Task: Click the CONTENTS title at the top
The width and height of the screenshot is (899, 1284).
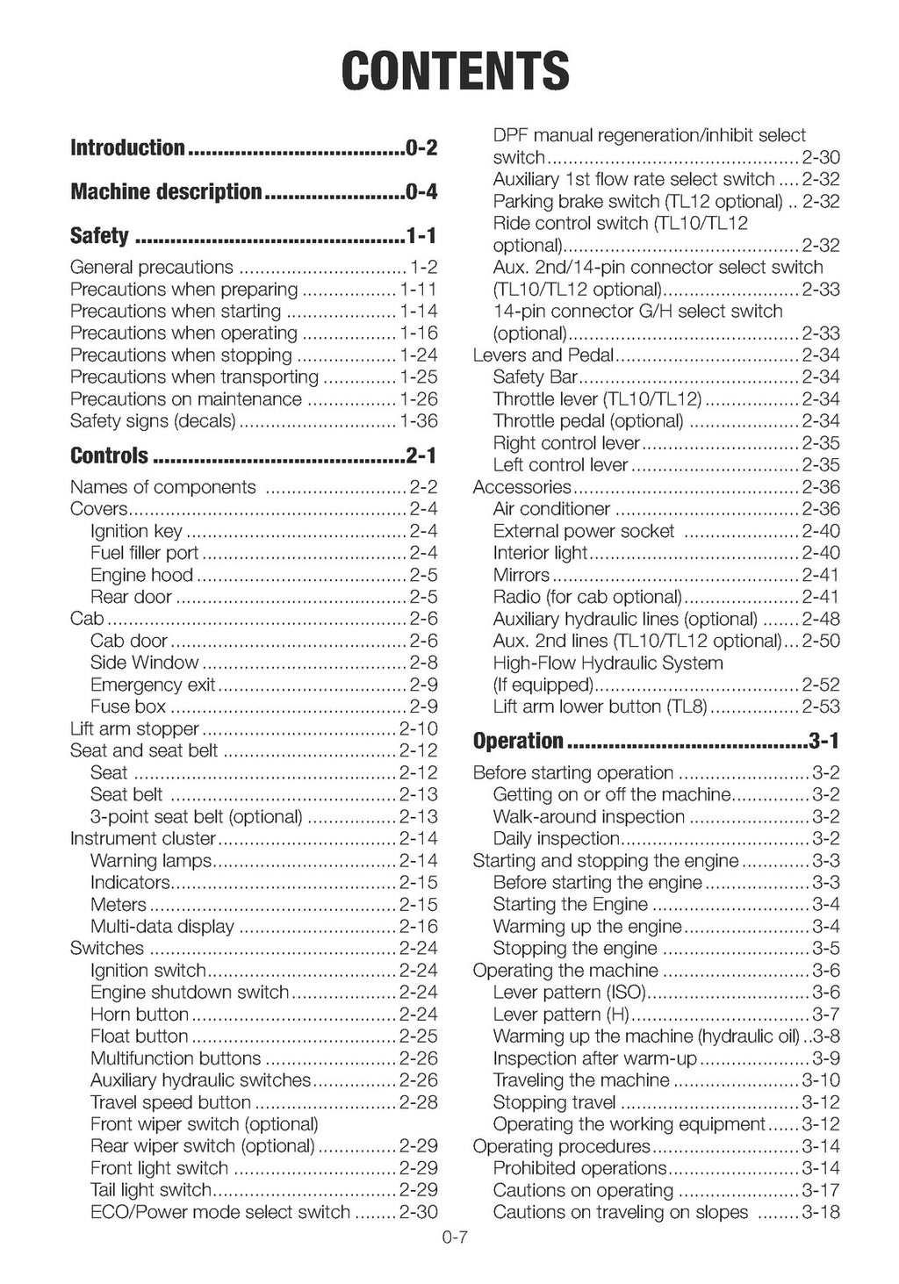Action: click(455, 70)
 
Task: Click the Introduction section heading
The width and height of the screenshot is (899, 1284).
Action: click(127, 147)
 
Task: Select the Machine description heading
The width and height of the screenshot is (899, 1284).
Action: click(166, 191)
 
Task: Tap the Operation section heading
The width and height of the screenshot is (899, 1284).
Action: click(518, 741)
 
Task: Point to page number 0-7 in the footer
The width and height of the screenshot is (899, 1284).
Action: click(456, 1238)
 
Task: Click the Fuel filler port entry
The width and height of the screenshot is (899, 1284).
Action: click(145, 553)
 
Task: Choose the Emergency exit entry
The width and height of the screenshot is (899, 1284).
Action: click(153, 685)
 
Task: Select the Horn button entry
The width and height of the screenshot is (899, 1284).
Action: click(140, 1015)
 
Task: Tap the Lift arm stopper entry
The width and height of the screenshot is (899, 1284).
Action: click(134, 728)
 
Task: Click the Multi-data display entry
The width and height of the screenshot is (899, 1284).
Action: click(162, 927)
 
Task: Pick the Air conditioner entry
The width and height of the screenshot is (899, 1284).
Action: click(551, 509)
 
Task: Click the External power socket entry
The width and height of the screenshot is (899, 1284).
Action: click(584, 531)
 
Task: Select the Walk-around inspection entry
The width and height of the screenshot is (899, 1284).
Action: click(589, 817)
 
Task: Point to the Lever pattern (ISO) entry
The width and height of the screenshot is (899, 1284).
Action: click(570, 993)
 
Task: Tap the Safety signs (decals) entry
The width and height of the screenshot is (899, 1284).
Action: click(153, 421)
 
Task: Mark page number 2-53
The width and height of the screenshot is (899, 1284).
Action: click(820, 707)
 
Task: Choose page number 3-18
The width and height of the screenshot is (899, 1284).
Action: click(820, 1212)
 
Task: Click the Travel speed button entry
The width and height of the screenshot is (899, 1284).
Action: click(170, 1102)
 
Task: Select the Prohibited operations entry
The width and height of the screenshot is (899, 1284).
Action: click(580, 1168)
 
